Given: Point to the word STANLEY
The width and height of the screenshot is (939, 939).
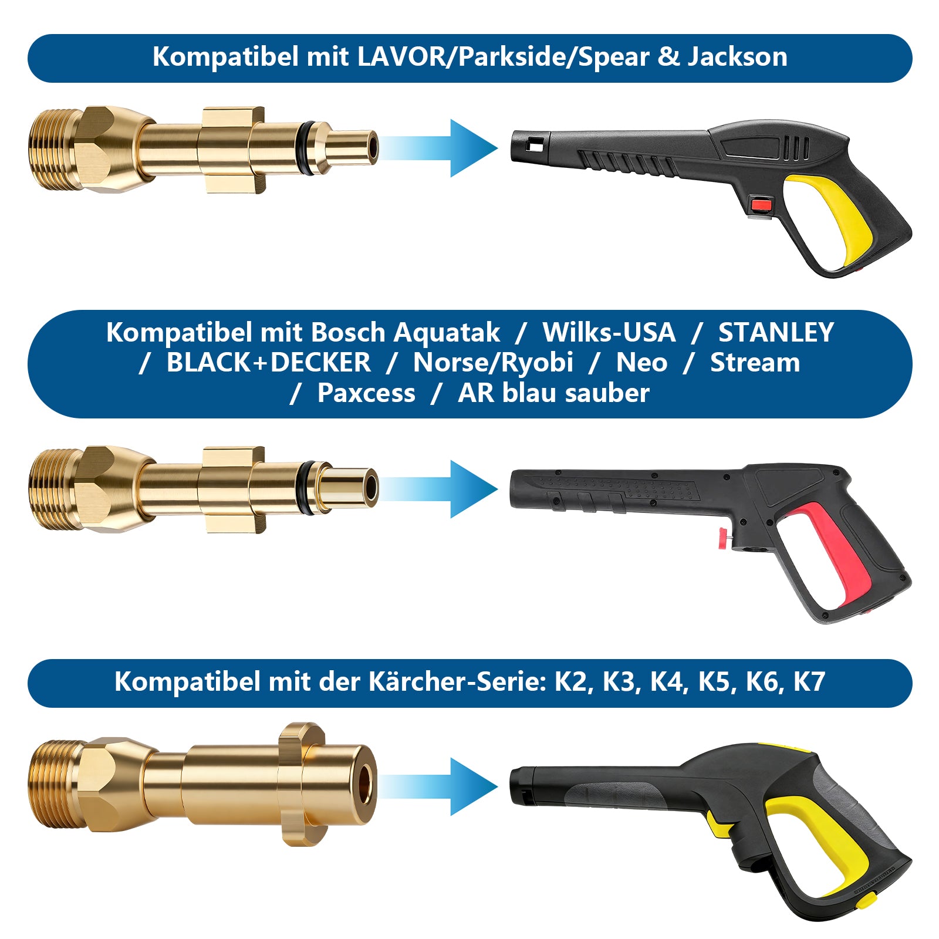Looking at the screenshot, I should pos(776,333).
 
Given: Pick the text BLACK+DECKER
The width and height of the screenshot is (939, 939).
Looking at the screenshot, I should pos(268,363).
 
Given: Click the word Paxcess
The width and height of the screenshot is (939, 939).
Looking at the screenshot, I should pos(366,393).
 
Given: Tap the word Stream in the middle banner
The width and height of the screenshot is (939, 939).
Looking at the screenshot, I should pos(755,363).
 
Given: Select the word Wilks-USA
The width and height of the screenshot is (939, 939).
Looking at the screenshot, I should pos(609,333).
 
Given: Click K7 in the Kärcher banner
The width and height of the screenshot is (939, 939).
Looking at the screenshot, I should pos(809,682).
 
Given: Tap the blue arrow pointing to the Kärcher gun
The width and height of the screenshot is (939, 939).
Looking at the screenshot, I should pos(469,786).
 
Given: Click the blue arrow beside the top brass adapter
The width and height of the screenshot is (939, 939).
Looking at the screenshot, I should pos(469,148).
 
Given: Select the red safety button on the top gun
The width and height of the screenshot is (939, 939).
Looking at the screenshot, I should pos(761,205).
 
